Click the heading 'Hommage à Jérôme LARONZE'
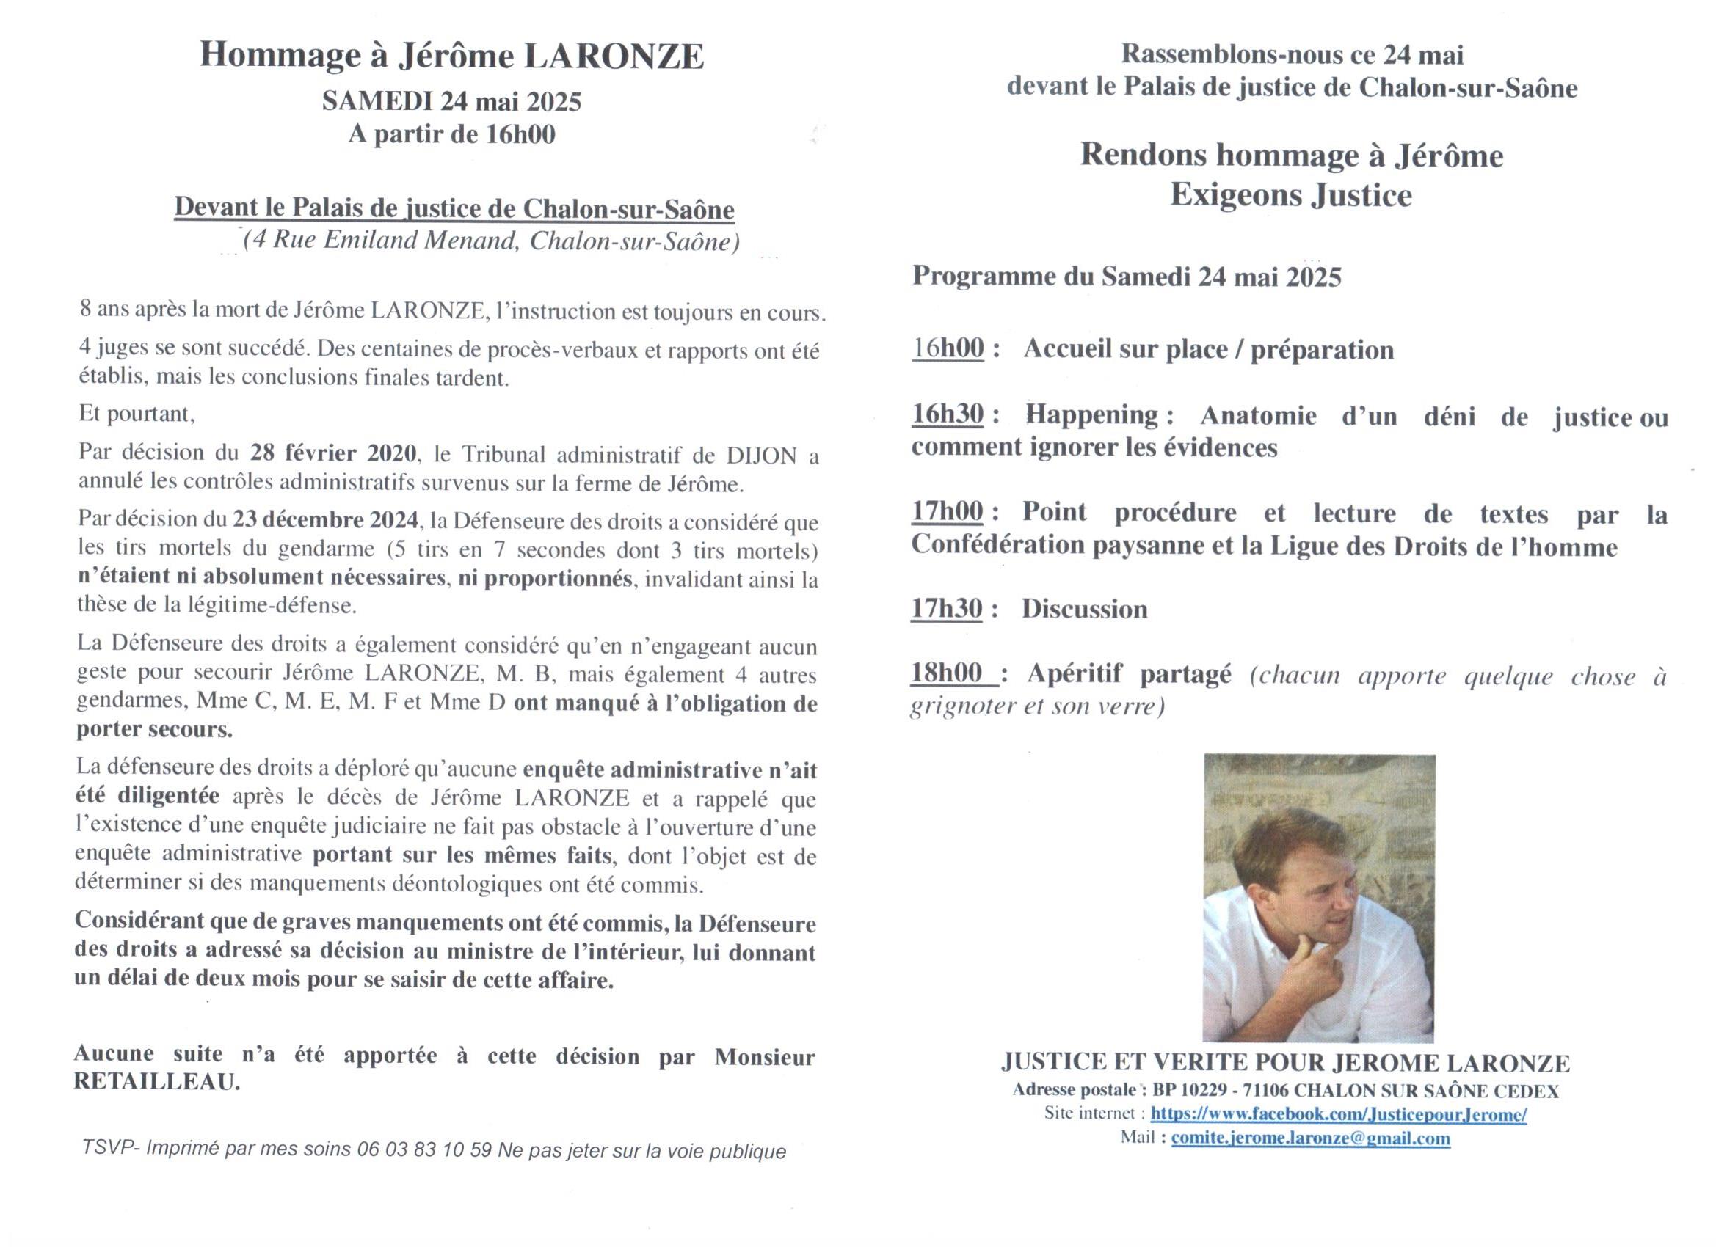pyautogui.click(x=451, y=56)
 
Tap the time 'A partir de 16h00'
pyautogui.click(x=451, y=135)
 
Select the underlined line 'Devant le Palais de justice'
pyautogui.click(x=454, y=208)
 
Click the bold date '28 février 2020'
pyautogui.click(x=333, y=453)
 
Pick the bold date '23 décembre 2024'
pyautogui.click(x=325, y=519)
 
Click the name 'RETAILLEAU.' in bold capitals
pyautogui.click(x=156, y=1082)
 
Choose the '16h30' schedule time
pyautogui.click(x=948, y=414)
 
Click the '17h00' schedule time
pyautogui.click(x=948, y=512)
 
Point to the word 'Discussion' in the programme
pyautogui.click(x=1084, y=610)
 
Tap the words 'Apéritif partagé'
pyautogui.click(x=1129, y=674)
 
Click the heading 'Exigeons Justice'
pyautogui.click(x=1291, y=195)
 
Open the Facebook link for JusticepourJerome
pyautogui.click(x=1338, y=1114)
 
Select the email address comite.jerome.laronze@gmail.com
pyautogui.click(x=1310, y=1138)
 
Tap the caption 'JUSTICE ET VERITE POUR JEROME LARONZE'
pyautogui.click(x=1285, y=1062)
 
